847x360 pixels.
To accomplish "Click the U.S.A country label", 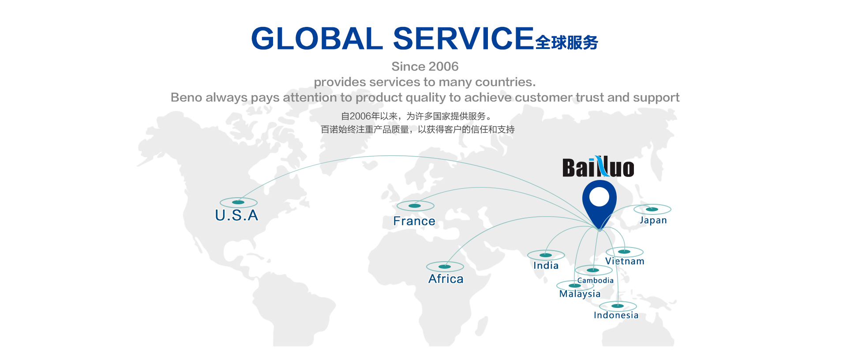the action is (236, 215).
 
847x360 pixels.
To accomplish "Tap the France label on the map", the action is (414, 221).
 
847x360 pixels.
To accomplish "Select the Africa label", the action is (446, 279).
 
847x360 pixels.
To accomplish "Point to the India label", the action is (546, 266).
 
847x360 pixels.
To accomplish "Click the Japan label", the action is (653, 220).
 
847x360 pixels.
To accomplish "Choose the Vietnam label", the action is (625, 261).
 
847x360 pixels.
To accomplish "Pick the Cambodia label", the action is (595, 280).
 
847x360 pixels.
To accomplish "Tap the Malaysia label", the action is (580, 294).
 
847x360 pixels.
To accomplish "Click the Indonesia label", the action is (616, 315).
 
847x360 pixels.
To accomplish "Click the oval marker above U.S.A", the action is (238, 202).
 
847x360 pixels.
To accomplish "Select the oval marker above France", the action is (415, 206).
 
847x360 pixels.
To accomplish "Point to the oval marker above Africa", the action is (445, 266).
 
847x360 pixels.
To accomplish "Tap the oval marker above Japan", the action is (652, 209).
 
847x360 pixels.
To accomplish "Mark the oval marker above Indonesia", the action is (618, 306).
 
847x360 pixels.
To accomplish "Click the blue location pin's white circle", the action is (599, 197).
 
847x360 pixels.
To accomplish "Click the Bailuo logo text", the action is (598, 167).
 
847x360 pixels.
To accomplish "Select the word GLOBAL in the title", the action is (317, 38).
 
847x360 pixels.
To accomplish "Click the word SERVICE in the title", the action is (463, 38).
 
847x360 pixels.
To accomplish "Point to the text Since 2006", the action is (425, 66).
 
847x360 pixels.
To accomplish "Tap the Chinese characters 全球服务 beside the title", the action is (567, 42).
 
